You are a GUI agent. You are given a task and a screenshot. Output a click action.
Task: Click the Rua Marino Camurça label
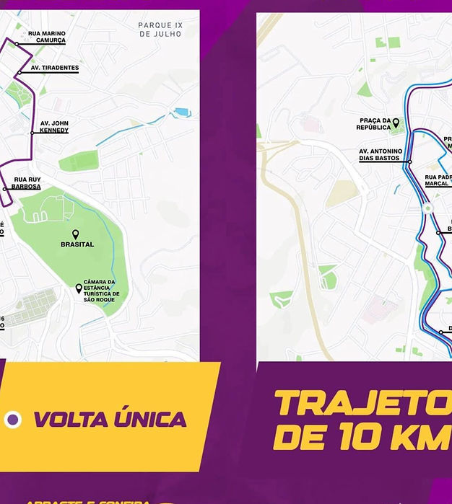point(47,37)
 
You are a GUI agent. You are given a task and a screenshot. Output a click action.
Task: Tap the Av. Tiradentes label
point(55,68)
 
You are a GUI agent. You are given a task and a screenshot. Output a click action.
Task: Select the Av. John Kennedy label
point(54,127)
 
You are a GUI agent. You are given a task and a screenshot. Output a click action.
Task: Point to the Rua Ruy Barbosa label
point(27,183)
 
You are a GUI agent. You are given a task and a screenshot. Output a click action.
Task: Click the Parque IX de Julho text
point(160,30)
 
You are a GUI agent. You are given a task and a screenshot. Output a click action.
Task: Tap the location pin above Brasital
point(75,234)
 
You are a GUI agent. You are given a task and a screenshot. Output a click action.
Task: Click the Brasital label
point(77,244)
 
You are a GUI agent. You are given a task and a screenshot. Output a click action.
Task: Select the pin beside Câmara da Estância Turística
point(79,288)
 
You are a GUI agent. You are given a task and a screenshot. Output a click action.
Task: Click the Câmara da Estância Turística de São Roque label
point(102,291)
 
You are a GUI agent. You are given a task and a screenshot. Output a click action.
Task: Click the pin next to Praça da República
point(396,124)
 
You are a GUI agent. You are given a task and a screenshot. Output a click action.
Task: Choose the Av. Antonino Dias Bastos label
point(381,155)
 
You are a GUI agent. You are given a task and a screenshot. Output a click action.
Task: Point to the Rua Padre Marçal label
point(438,180)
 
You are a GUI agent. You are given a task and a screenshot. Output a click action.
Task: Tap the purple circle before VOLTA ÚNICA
point(12,420)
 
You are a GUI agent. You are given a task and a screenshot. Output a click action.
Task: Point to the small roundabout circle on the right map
point(427,209)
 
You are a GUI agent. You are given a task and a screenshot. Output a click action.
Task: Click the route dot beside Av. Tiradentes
point(19,73)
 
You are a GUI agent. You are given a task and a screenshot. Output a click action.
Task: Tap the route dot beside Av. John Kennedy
point(32,133)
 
